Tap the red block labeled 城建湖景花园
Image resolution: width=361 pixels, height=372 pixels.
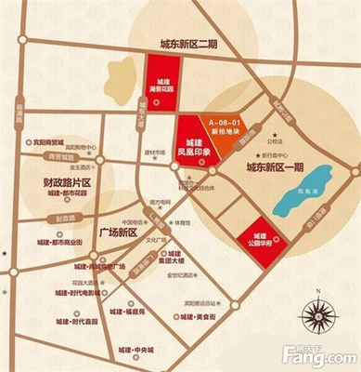point(163,85)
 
